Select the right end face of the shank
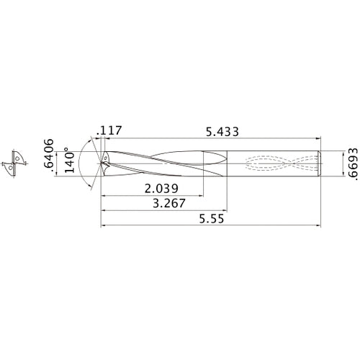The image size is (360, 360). tap(320, 162)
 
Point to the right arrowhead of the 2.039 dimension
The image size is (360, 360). tap(200, 195)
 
